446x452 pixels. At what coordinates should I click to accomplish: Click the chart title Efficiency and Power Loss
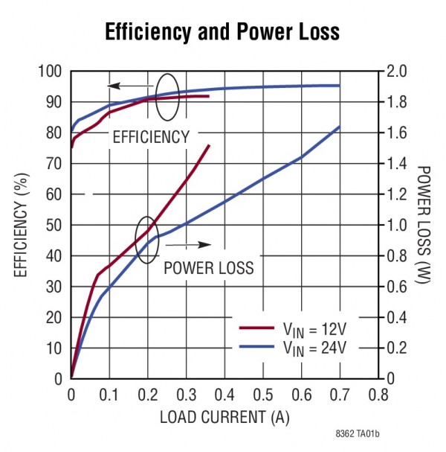click(x=222, y=33)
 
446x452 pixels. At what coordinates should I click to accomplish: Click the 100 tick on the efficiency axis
click(x=51, y=71)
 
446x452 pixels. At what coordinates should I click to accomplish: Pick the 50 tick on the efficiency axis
click(x=54, y=225)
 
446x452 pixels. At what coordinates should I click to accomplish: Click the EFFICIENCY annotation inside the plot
click(x=151, y=138)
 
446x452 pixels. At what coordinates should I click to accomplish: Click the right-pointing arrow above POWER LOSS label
click(x=193, y=244)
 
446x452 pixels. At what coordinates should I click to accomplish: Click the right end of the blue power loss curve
click(x=340, y=127)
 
